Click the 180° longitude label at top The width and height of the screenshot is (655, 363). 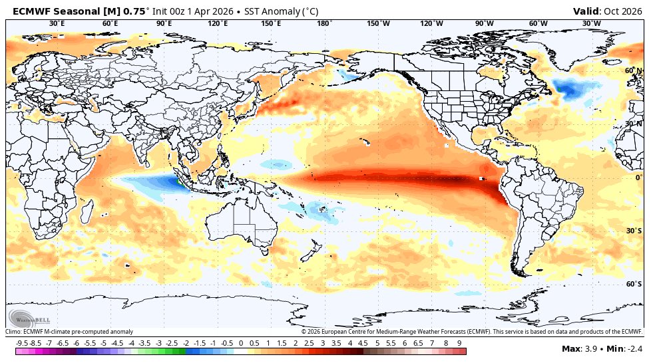click(324, 24)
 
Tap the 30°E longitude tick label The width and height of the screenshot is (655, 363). click(57, 24)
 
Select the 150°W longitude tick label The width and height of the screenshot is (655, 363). click(378, 24)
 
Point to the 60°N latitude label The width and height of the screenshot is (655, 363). click(633, 70)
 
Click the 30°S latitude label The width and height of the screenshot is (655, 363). click(633, 231)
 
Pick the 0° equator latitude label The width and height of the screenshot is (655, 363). click(638, 178)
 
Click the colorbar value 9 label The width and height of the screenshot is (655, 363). click(459, 342)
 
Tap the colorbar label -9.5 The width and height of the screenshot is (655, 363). click(22, 342)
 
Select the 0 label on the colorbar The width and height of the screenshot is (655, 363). click(240, 342)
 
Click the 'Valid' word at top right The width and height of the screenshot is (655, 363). click(586, 11)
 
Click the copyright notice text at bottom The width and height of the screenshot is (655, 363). click(471, 331)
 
